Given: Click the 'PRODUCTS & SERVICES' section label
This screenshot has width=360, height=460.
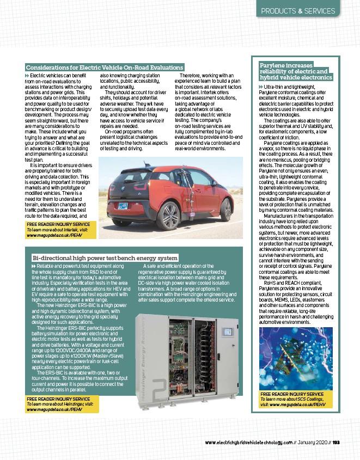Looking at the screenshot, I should point(306,11).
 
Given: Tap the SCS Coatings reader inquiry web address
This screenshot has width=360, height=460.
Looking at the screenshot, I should point(292,405).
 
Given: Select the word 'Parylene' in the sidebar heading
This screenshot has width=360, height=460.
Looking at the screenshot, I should point(271,65).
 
